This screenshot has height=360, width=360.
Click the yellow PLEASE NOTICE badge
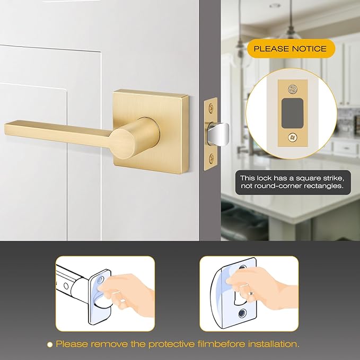click(x=291, y=49)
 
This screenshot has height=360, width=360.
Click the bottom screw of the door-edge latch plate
click(x=212, y=157)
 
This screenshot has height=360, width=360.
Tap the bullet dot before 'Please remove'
click(x=50, y=344)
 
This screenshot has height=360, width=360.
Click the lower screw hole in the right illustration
click(x=243, y=313)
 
